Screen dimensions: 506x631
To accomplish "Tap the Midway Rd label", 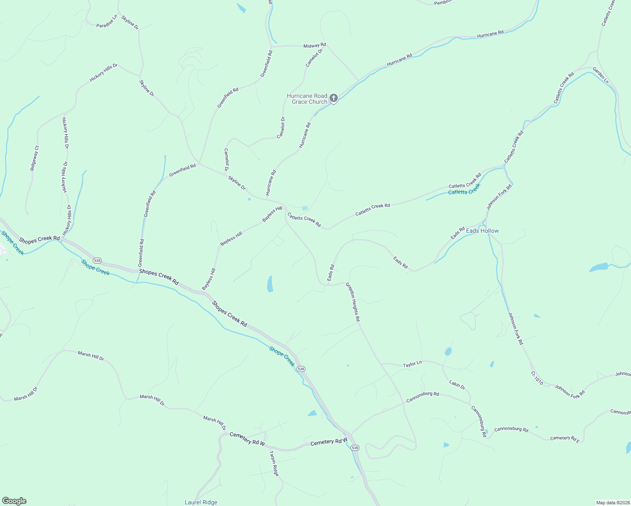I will click(x=315, y=45).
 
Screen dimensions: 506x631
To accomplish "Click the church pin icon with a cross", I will click(x=334, y=99).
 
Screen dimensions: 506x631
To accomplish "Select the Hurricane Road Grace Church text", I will click(x=307, y=99).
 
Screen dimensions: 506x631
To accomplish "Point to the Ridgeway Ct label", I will click(x=35, y=158).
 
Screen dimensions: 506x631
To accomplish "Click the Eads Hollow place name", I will click(x=482, y=231).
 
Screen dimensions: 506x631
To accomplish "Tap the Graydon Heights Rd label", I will click(x=353, y=302).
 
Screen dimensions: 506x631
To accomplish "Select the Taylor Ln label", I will click(x=412, y=364).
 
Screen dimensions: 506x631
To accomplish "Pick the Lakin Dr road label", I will click(x=457, y=384).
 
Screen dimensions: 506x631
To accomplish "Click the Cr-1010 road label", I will click(x=537, y=378).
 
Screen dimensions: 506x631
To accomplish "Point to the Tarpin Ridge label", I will click(x=274, y=463).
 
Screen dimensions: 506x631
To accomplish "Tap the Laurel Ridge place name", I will click(x=201, y=502).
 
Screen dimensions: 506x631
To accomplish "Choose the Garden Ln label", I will click(x=601, y=75).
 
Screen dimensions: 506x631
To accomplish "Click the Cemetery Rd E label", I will click(x=565, y=439).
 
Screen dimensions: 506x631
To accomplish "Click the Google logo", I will click(x=14, y=501).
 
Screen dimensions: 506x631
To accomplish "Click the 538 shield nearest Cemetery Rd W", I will click(x=355, y=448).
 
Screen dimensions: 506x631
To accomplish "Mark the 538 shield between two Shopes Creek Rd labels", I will click(x=97, y=260).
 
